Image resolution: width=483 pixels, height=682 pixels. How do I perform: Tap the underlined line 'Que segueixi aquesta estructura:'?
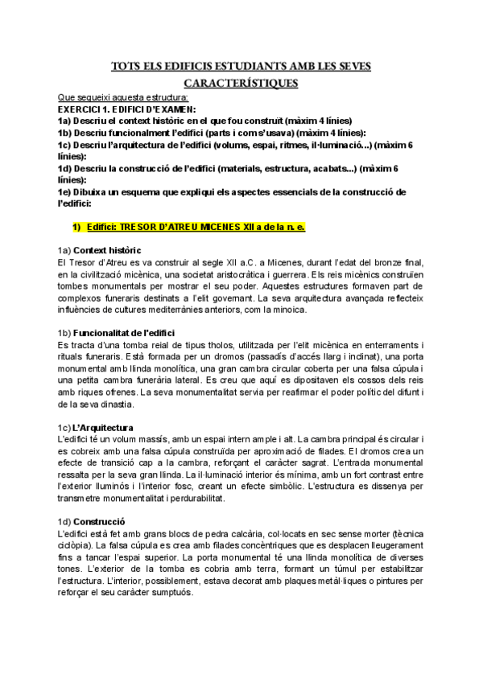pyautogui.click(x=123, y=97)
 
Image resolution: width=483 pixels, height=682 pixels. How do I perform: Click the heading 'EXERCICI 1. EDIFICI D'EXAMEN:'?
pyautogui.click(x=126, y=107)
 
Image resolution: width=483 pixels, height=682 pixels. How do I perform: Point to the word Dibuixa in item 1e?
pyautogui.click(x=105, y=191)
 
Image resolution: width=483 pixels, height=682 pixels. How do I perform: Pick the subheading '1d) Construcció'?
pyautogui.click(x=93, y=521)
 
